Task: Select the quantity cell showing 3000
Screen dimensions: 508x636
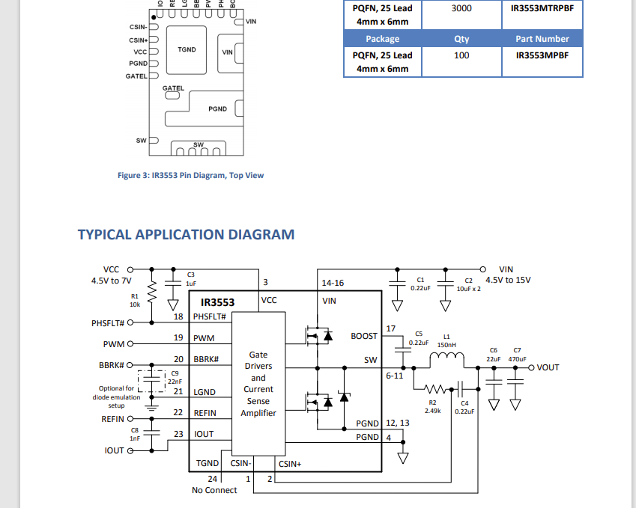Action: (x=461, y=7)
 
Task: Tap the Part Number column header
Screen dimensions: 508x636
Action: (x=542, y=39)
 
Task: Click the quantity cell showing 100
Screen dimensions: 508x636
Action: (x=461, y=55)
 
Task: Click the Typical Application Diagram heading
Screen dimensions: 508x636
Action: (x=186, y=234)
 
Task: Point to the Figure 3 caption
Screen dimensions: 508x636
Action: (x=191, y=175)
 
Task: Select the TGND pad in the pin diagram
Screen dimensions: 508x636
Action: (x=187, y=50)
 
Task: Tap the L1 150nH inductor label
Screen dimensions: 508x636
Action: (x=447, y=341)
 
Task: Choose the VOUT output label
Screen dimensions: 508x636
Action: (x=548, y=367)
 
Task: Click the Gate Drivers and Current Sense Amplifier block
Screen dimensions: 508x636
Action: (x=258, y=384)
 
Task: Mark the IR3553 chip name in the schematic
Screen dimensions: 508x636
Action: (x=217, y=303)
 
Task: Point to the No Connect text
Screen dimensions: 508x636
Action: (x=215, y=490)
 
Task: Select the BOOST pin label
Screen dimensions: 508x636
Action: (x=364, y=336)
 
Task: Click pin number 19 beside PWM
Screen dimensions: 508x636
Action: (x=178, y=338)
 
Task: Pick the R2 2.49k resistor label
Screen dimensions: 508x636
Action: (x=432, y=406)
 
